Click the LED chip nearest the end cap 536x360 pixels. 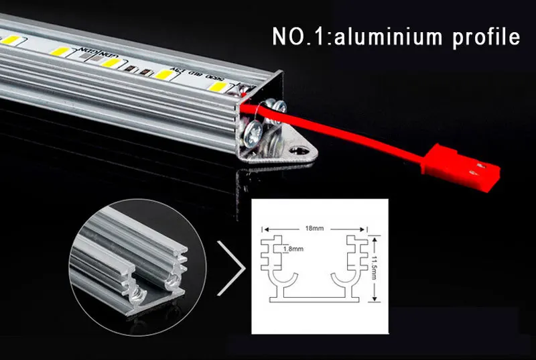click(217, 88)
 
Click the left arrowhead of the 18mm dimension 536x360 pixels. click(264, 228)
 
